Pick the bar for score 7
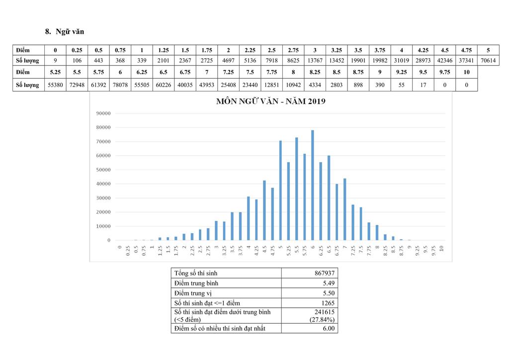(344, 209)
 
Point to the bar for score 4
(248, 218)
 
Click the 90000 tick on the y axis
(103, 113)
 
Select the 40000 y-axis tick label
(103, 184)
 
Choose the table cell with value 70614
(488, 61)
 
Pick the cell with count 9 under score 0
(55, 61)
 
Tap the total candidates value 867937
(324, 273)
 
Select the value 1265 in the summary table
(328, 303)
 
